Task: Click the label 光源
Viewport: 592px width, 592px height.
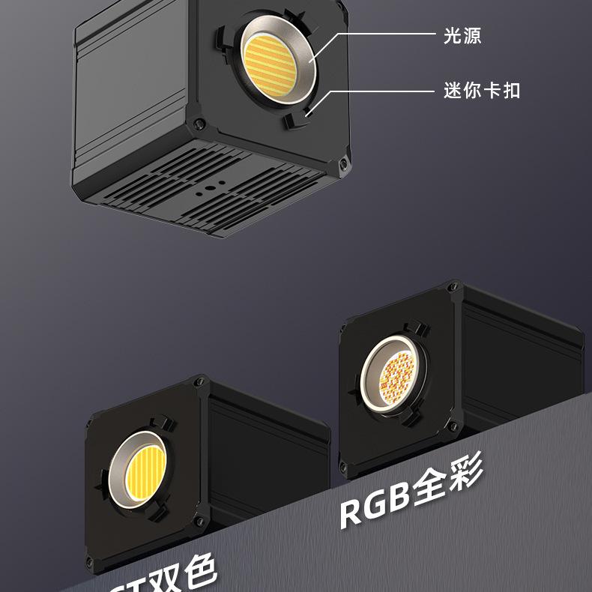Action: (462, 34)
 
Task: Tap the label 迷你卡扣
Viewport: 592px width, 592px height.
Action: (482, 91)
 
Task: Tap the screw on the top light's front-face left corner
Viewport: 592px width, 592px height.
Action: (197, 124)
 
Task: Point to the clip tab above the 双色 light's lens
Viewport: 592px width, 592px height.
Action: (160, 423)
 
